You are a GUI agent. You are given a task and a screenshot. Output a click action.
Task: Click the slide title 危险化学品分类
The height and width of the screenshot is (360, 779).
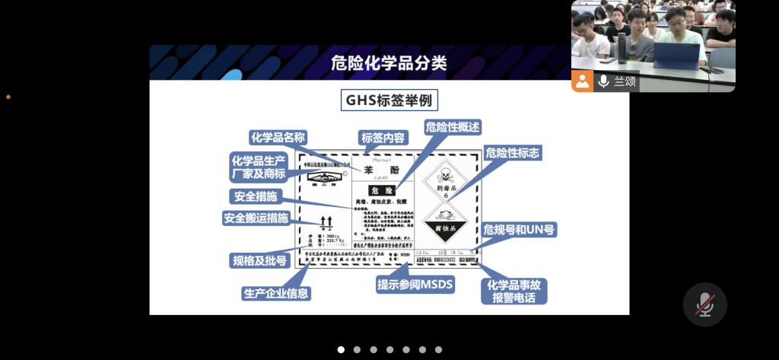click(x=389, y=63)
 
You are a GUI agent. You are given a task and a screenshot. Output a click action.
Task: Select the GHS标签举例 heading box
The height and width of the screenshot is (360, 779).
click(x=389, y=100)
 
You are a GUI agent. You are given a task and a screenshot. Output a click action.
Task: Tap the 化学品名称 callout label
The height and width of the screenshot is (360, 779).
click(x=278, y=138)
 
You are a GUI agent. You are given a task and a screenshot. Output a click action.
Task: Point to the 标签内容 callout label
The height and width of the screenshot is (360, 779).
click(x=384, y=138)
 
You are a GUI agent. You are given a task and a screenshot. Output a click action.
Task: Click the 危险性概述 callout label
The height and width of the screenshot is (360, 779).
click(x=453, y=127)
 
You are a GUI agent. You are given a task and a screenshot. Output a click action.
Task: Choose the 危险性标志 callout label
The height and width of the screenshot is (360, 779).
click(x=513, y=153)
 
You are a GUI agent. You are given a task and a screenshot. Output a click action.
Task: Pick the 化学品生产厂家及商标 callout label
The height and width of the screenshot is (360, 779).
click(x=259, y=167)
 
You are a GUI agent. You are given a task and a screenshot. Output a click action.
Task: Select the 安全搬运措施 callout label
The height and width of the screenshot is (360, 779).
click(x=256, y=218)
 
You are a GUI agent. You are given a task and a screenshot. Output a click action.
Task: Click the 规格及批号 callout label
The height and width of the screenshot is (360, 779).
click(x=259, y=260)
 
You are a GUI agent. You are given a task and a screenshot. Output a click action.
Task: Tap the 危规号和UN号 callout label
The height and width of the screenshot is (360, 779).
click(x=519, y=229)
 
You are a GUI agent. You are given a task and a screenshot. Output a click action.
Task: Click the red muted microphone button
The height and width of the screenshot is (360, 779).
click(x=704, y=304)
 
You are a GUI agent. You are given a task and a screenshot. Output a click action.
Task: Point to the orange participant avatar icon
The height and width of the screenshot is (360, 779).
click(x=583, y=81)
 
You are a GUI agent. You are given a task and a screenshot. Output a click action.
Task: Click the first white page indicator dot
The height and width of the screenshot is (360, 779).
click(x=341, y=349)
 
